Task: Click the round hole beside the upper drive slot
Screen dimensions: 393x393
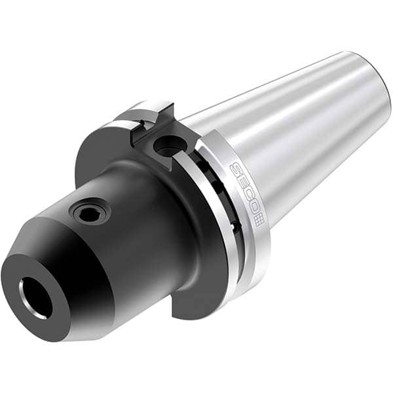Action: [167, 145]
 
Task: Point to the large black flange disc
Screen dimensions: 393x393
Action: [98, 157]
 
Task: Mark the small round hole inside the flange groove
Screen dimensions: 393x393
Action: [233, 226]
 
